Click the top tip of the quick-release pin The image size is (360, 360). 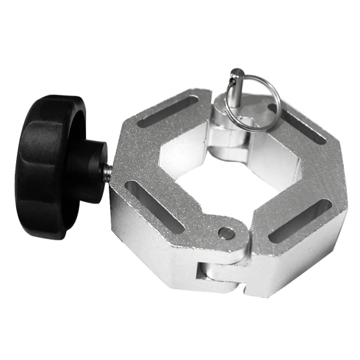pos(238,73)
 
